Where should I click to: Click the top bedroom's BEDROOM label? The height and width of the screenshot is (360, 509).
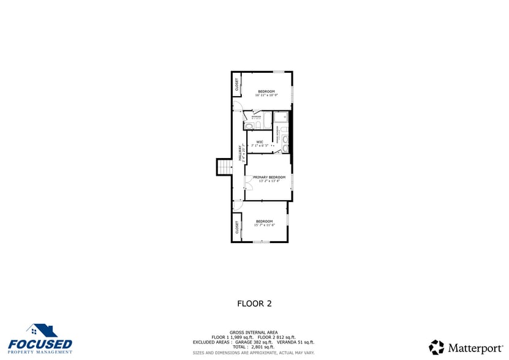pyautogui.click(x=266, y=91)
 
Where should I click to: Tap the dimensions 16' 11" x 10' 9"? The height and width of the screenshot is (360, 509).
pyautogui.click(x=266, y=95)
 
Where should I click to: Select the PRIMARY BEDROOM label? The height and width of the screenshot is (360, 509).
pyautogui.click(x=269, y=177)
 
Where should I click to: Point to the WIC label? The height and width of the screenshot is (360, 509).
pyautogui.click(x=260, y=142)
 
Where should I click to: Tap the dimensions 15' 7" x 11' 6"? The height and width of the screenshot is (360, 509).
pyautogui.click(x=265, y=225)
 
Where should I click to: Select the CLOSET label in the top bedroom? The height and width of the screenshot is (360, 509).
pyautogui.click(x=236, y=85)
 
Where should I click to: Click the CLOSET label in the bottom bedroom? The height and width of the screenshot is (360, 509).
pyautogui.click(x=236, y=227)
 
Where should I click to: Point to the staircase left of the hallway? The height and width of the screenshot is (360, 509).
pyautogui.click(x=225, y=167)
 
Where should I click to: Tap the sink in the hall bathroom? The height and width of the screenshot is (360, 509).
pyautogui.click(x=258, y=126)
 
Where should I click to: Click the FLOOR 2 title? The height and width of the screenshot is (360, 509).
pyautogui.click(x=254, y=303)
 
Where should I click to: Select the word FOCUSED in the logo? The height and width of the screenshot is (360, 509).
pyautogui.click(x=40, y=345)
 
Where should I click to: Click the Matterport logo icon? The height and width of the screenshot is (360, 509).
pyautogui.click(x=436, y=348)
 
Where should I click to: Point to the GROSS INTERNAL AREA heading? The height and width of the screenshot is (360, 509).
pyautogui.click(x=254, y=332)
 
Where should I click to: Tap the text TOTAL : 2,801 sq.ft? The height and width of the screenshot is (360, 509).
pyautogui.click(x=254, y=347)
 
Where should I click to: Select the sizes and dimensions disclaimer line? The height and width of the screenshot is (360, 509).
pyautogui.click(x=254, y=353)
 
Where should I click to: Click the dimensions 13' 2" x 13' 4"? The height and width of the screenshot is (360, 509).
pyautogui.click(x=269, y=181)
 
